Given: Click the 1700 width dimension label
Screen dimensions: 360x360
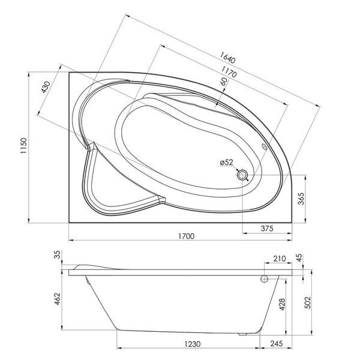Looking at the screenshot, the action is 186,236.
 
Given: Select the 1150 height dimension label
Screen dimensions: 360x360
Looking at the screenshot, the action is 23,146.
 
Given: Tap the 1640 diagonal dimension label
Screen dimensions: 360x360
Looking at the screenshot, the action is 227,58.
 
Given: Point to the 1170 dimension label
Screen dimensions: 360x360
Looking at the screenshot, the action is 229,72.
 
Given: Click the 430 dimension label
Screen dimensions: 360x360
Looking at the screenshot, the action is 46,87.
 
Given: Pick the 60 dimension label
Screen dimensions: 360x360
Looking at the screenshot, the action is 224,82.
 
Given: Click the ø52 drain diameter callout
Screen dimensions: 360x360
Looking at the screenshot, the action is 226,163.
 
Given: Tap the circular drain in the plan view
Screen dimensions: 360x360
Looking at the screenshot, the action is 242,175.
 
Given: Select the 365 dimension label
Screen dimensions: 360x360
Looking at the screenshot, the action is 301,199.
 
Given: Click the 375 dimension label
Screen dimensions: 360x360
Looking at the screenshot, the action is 267,228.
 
